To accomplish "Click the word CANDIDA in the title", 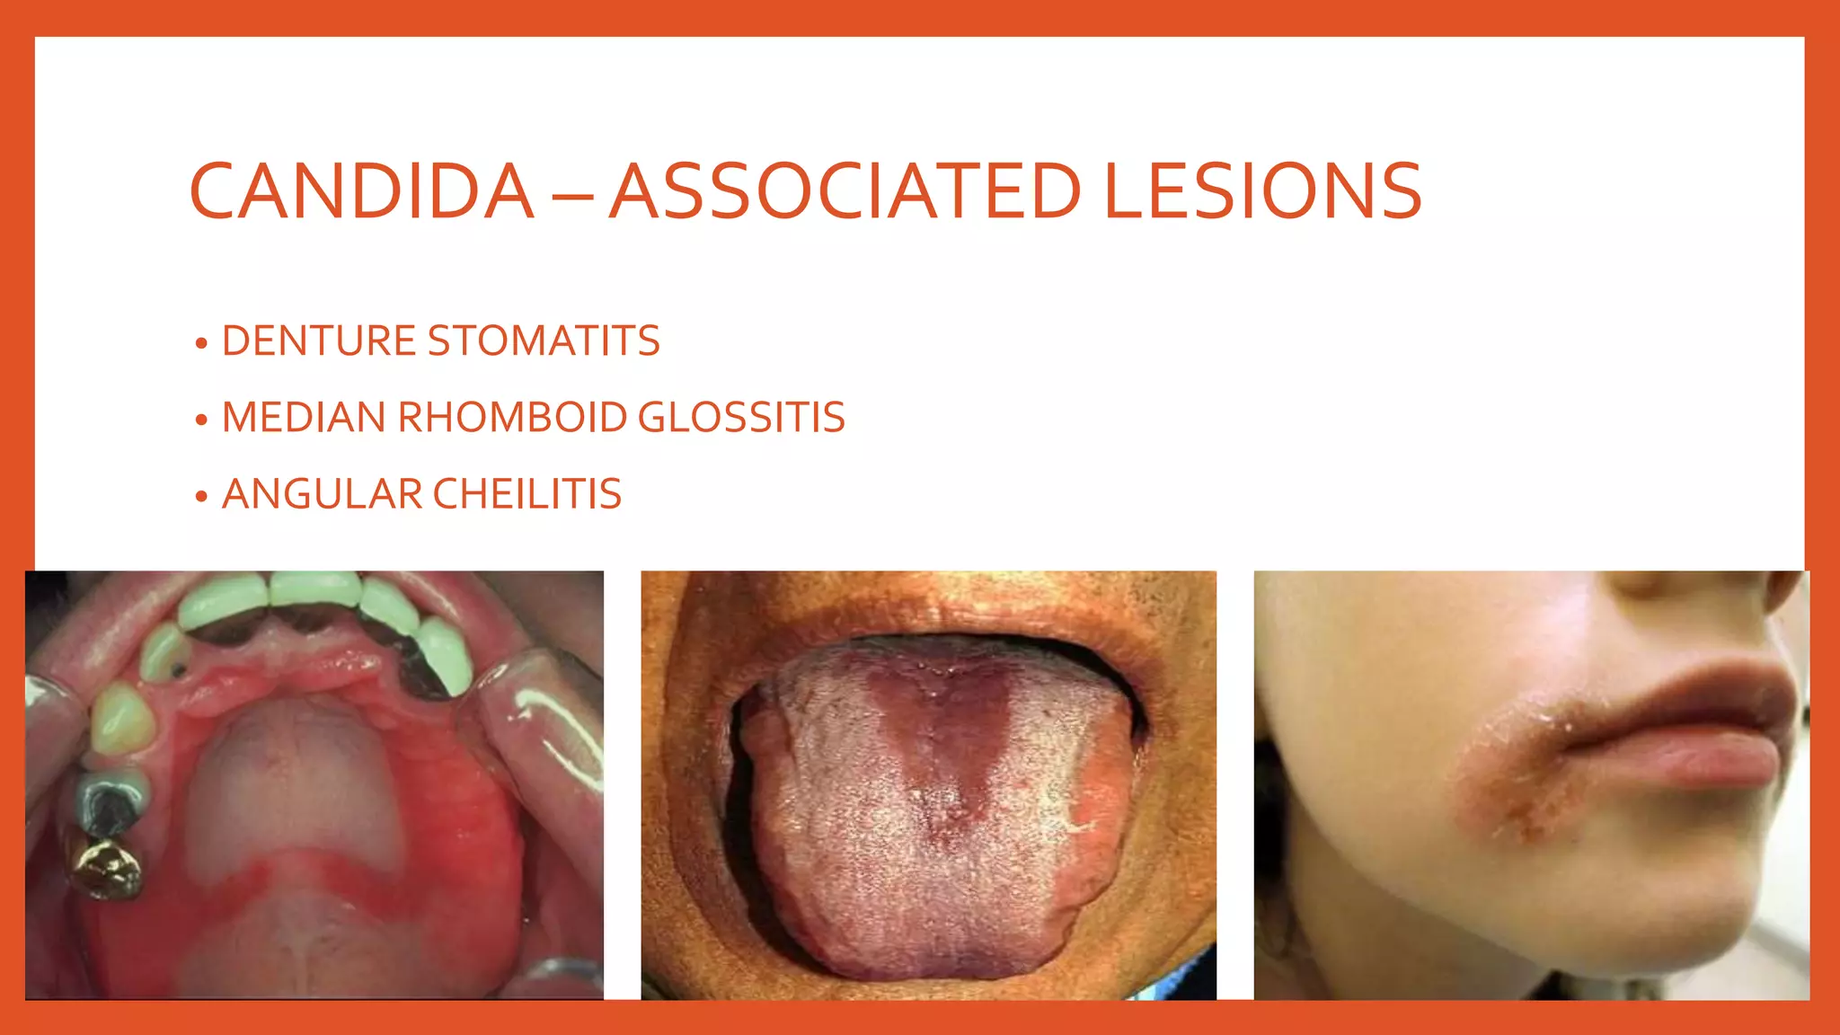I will coord(361,191).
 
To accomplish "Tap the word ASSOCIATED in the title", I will coord(845,191).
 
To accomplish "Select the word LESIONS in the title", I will coord(1262,191).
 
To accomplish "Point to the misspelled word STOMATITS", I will coord(544,341).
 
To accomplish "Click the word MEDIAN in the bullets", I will coord(304,418).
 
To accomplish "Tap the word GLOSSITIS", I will coord(741,418).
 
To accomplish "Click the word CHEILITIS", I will coord(527,494).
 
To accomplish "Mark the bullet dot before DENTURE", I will coord(201,344).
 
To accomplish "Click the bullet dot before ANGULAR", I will coord(201,497).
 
